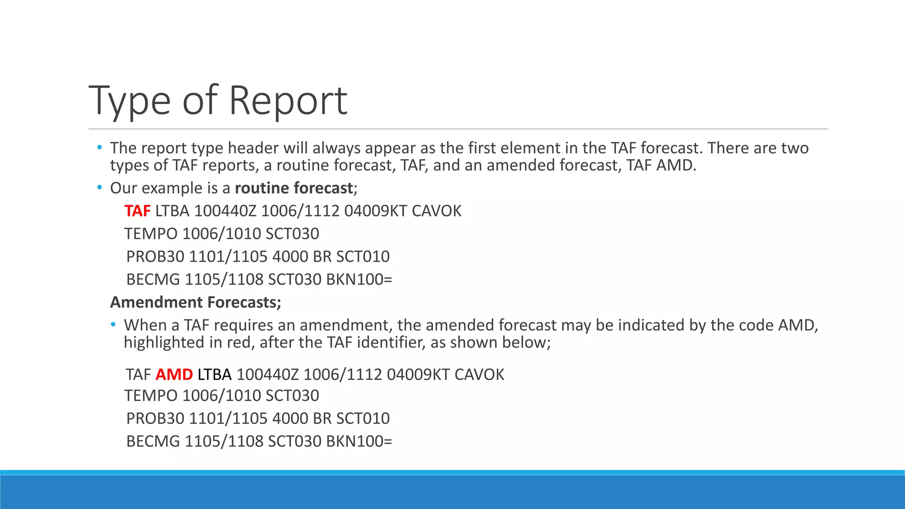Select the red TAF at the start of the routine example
[137, 211]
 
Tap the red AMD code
[174, 374]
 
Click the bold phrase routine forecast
[294, 188]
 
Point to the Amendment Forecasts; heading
[196, 302]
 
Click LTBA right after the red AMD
[214, 374]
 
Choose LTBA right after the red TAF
[172, 211]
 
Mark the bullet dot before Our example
[99, 188]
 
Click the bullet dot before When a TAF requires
[114, 325]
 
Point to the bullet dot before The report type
[99, 147]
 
